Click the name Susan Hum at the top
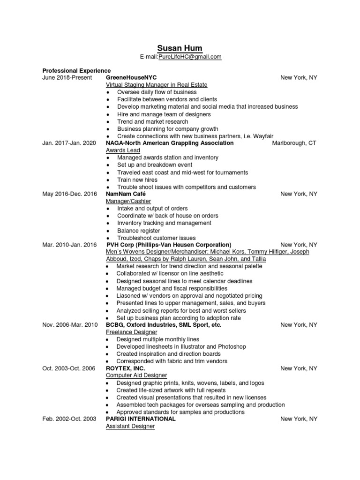click(x=180, y=48)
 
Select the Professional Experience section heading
click(x=76, y=70)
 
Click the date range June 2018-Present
click(x=67, y=77)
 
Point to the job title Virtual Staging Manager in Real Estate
click(x=157, y=85)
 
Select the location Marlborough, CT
click(x=294, y=143)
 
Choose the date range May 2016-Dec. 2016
click(x=69, y=194)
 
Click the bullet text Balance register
click(x=138, y=231)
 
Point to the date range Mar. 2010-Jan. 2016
click(x=69, y=245)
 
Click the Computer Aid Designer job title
click(x=136, y=375)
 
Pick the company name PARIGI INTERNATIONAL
click(x=141, y=419)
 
